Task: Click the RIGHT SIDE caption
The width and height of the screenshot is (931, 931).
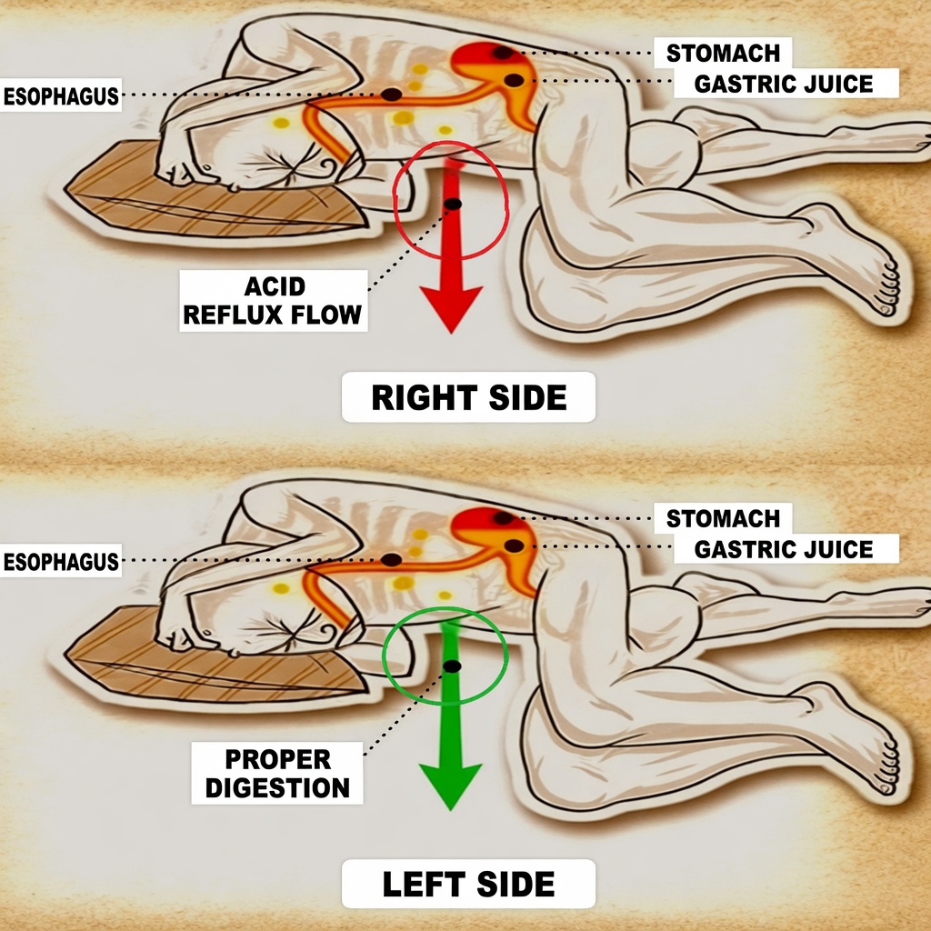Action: [x=468, y=397]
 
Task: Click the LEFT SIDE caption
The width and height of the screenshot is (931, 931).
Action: [x=468, y=884]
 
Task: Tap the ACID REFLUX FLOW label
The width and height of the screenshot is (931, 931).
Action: [x=273, y=301]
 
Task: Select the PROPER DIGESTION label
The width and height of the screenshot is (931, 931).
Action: [x=277, y=773]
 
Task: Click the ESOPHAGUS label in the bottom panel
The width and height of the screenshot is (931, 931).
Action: [x=61, y=561]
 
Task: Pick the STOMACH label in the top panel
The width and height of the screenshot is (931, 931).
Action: [x=723, y=52]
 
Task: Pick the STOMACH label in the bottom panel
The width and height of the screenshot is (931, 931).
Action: [x=723, y=519]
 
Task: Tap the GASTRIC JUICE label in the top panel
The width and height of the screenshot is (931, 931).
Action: [x=784, y=85]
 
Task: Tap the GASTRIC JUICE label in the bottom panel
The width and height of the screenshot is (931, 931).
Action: [x=784, y=549]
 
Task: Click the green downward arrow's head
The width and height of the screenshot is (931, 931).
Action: [x=449, y=784]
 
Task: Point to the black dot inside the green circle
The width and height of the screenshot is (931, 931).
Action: [x=452, y=666]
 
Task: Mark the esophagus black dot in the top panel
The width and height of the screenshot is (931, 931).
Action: [x=391, y=95]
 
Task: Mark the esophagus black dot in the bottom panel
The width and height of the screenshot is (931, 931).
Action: [x=391, y=559]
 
